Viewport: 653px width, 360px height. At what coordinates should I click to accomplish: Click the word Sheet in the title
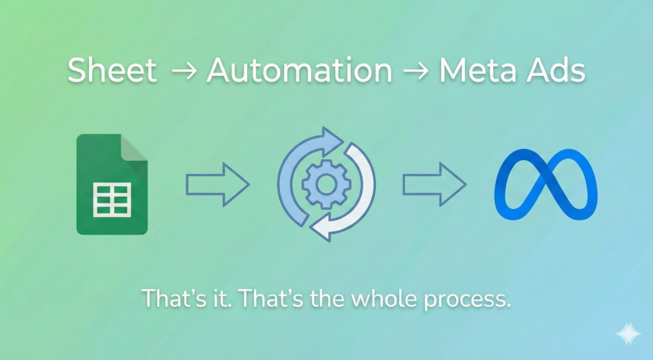click(x=112, y=70)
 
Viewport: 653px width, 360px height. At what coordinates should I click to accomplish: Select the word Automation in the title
click(x=300, y=70)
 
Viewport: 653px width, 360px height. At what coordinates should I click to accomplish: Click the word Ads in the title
click(x=556, y=70)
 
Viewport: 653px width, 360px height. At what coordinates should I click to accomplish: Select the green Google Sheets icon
click(x=112, y=184)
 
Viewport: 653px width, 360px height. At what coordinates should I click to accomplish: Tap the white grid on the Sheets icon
click(x=112, y=199)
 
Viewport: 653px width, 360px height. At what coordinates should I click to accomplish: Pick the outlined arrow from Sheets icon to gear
click(x=217, y=185)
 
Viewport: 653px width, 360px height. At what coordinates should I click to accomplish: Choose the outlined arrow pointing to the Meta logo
click(x=433, y=185)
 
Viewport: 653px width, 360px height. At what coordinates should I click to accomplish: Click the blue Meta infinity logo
click(x=545, y=185)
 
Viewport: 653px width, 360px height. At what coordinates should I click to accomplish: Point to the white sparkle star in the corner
click(x=628, y=335)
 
